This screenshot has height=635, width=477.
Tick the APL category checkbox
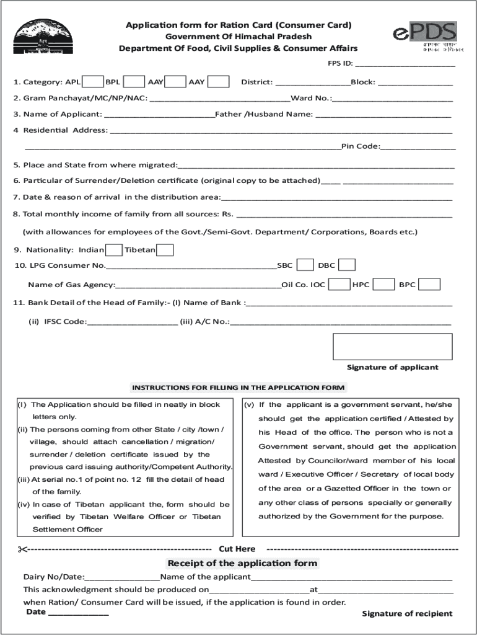click(93, 82)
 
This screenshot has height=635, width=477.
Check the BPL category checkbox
click(134, 82)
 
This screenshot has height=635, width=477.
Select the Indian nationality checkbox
click(113, 250)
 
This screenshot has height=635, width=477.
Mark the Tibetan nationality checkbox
click(165, 250)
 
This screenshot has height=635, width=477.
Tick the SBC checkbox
click(305, 265)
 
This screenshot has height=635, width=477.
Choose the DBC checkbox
click(347, 265)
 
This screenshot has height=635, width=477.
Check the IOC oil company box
click(339, 285)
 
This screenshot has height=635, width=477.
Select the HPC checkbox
click(383, 285)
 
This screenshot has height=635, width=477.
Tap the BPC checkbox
click(429, 285)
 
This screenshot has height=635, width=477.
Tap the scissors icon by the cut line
click(23, 549)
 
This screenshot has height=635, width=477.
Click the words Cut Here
click(237, 549)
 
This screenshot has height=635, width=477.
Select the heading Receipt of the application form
click(242, 563)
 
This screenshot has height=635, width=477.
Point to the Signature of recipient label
click(407, 613)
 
